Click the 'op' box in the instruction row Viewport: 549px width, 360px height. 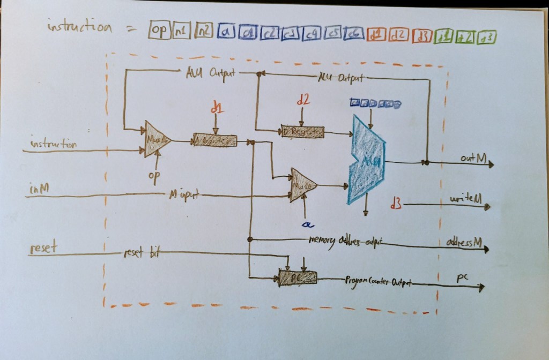pos(159,31)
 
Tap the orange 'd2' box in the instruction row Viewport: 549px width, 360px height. pos(398,35)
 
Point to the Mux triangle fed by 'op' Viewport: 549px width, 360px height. pos(157,140)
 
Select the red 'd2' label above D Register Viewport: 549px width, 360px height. pos(303,100)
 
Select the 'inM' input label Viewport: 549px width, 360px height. pos(40,189)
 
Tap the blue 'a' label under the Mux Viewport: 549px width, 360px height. pos(307,222)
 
